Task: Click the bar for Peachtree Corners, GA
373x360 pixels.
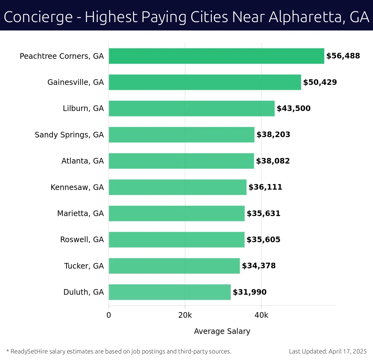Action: pyautogui.click(x=216, y=56)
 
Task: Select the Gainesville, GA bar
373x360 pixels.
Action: pyautogui.click(x=205, y=82)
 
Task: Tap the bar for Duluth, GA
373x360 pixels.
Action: pyautogui.click(x=170, y=292)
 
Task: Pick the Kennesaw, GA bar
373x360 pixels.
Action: pyautogui.click(x=177, y=187)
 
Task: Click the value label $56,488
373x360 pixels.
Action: pyautogui.click(x=343, y=56)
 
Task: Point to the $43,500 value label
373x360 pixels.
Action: pyautogui.click(x=293, y=108)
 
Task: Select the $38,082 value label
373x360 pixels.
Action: pyautogui.click(x=273, y=161)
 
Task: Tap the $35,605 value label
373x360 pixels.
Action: pyautogui.click(x=263, y=240)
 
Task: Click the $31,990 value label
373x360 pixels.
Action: pyautogui.click(x=250, y=292)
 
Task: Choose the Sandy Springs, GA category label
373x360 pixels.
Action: pyautogui.click(x=69, y=135)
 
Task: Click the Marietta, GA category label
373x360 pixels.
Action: pyautogui.click(x=80, y=214)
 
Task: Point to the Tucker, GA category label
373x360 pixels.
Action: pyautogui.click(x=84, y=266)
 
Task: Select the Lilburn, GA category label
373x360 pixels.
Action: pyautogui.click(x=83, y=108)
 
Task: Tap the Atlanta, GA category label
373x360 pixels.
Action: pyautogui.click(x=82, y=161)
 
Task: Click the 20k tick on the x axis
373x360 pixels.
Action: pyautogui.click(x=185, y=315)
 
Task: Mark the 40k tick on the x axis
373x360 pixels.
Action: pyautogui.click(x=261, y=315)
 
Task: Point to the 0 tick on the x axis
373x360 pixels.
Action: pyautogui.click(x=109, y=315)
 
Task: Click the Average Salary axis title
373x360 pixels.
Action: pyautogui.click(x=222, y=331)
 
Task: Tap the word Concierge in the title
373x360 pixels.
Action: pyautogui.click(x=38, y=17)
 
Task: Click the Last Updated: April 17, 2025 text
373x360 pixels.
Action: pyautogui.click(x=328, y=352)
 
